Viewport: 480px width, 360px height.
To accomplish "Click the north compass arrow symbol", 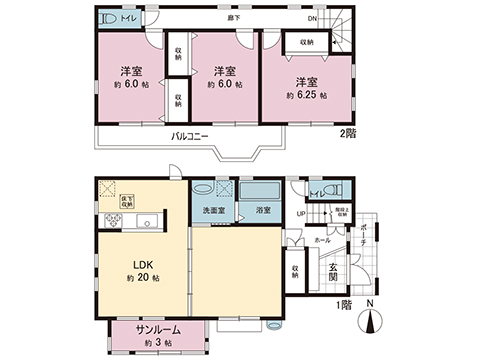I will [371, 320].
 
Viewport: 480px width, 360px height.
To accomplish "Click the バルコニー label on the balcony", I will [188, 136].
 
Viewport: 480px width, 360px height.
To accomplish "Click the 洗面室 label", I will [212, 212].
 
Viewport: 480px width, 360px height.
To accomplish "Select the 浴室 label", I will [264, 212].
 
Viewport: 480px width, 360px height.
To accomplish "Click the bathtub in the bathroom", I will [263, 190].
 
